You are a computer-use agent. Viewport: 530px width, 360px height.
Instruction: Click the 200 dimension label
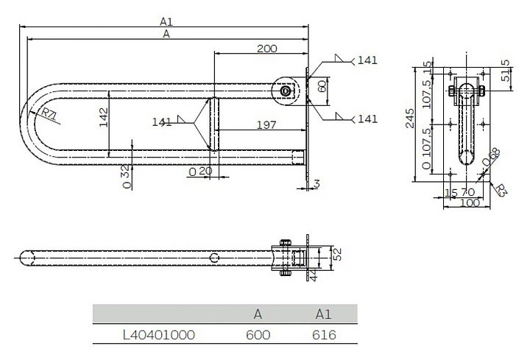[x=266, y=49]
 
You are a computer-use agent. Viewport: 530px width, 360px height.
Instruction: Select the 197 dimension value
[x=266, y=125]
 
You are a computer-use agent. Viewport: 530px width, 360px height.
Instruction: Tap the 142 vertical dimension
[x=104, y=117]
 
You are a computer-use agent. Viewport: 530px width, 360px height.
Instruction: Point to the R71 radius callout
[x=49, y=115]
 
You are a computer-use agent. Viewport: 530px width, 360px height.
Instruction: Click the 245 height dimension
[x=410, y=119]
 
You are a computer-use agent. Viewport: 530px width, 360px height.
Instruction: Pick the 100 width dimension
[x=470, y=202]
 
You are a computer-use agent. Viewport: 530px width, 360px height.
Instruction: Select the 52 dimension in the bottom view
[x=338, y=254]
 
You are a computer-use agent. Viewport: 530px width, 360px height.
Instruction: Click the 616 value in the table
[x=324, y=335]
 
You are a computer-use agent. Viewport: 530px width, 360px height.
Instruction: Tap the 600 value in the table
[x=258, y=335]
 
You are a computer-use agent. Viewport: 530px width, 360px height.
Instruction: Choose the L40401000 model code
[x=159, y=335]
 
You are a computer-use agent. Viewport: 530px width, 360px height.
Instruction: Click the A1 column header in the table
[x=323, y=314]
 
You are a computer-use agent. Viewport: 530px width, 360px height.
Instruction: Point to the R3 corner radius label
[x=501, y=191]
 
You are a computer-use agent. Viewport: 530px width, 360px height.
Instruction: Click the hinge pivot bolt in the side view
[x=286, y=91]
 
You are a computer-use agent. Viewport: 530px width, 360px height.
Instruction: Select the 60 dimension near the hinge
[x=322, y=86]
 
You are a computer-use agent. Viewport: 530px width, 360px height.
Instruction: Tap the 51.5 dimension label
[x=506, y=71]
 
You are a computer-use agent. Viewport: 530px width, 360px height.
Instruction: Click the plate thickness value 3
[x=317, y=184]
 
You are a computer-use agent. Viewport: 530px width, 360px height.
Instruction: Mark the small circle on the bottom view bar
[x=214, y=258]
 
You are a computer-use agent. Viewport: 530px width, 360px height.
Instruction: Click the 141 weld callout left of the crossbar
[x=161, y=121]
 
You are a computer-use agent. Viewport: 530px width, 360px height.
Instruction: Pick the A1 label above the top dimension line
[x=166, y=21]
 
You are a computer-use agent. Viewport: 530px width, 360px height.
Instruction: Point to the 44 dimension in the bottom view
[x=314, y=276]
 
